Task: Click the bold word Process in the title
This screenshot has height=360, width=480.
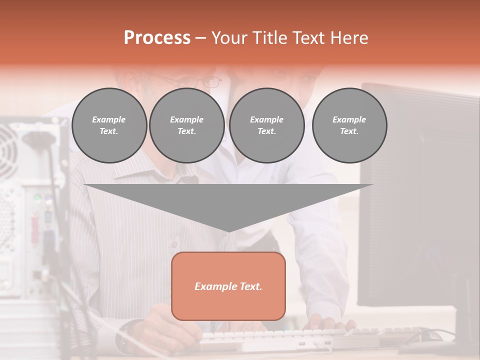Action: [157, 38]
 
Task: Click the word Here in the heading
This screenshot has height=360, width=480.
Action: [349, 38]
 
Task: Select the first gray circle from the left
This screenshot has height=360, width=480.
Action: [109, 125]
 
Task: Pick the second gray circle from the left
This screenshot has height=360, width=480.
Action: [186, 125]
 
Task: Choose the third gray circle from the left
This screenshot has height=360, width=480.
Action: [266, 125]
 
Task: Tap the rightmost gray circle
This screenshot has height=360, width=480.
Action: [349, 125]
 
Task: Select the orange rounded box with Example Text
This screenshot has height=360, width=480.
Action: [228, 285]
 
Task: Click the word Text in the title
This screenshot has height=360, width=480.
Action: [308, 38]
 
